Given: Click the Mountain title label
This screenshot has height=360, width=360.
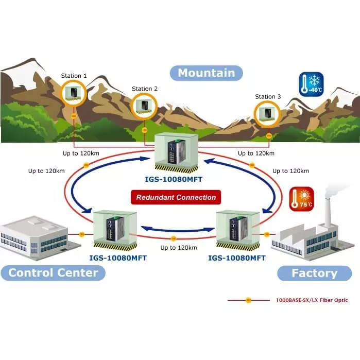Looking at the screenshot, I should pyautogui.click(x=206, y=73).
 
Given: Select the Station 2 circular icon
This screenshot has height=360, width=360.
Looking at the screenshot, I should pyautogui.click(x=144, y=106).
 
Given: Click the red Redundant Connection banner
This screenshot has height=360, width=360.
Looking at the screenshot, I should pyautogui.click(x=176, y=197).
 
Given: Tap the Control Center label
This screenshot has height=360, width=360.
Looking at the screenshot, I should pyautogui.click(x=53, y=272).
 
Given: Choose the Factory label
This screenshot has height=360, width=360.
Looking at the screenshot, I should pyautogui.click(x=314, y=273).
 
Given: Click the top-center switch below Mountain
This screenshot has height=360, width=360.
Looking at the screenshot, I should pyautogui.click(x=175, y=152).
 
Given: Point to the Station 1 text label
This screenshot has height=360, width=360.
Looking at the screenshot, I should pyautogui.click(x=74, y=76).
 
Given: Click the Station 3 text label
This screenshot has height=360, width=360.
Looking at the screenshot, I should pyautogui.click(x=268, y=96).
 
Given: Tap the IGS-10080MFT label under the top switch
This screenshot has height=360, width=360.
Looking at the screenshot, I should pyautogui.click(x=176, y=180).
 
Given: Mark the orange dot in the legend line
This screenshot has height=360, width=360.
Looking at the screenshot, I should pyautogui.click(x=248, y=300).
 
